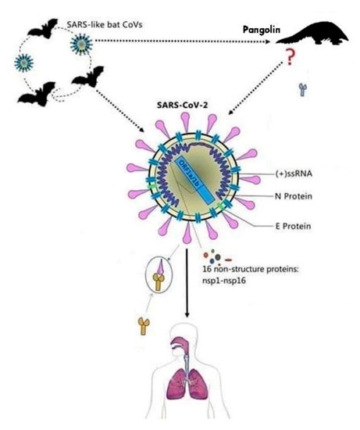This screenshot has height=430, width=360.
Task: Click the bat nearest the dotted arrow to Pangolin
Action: tap(87, 76)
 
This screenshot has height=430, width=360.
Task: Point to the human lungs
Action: tap(181, 387)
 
